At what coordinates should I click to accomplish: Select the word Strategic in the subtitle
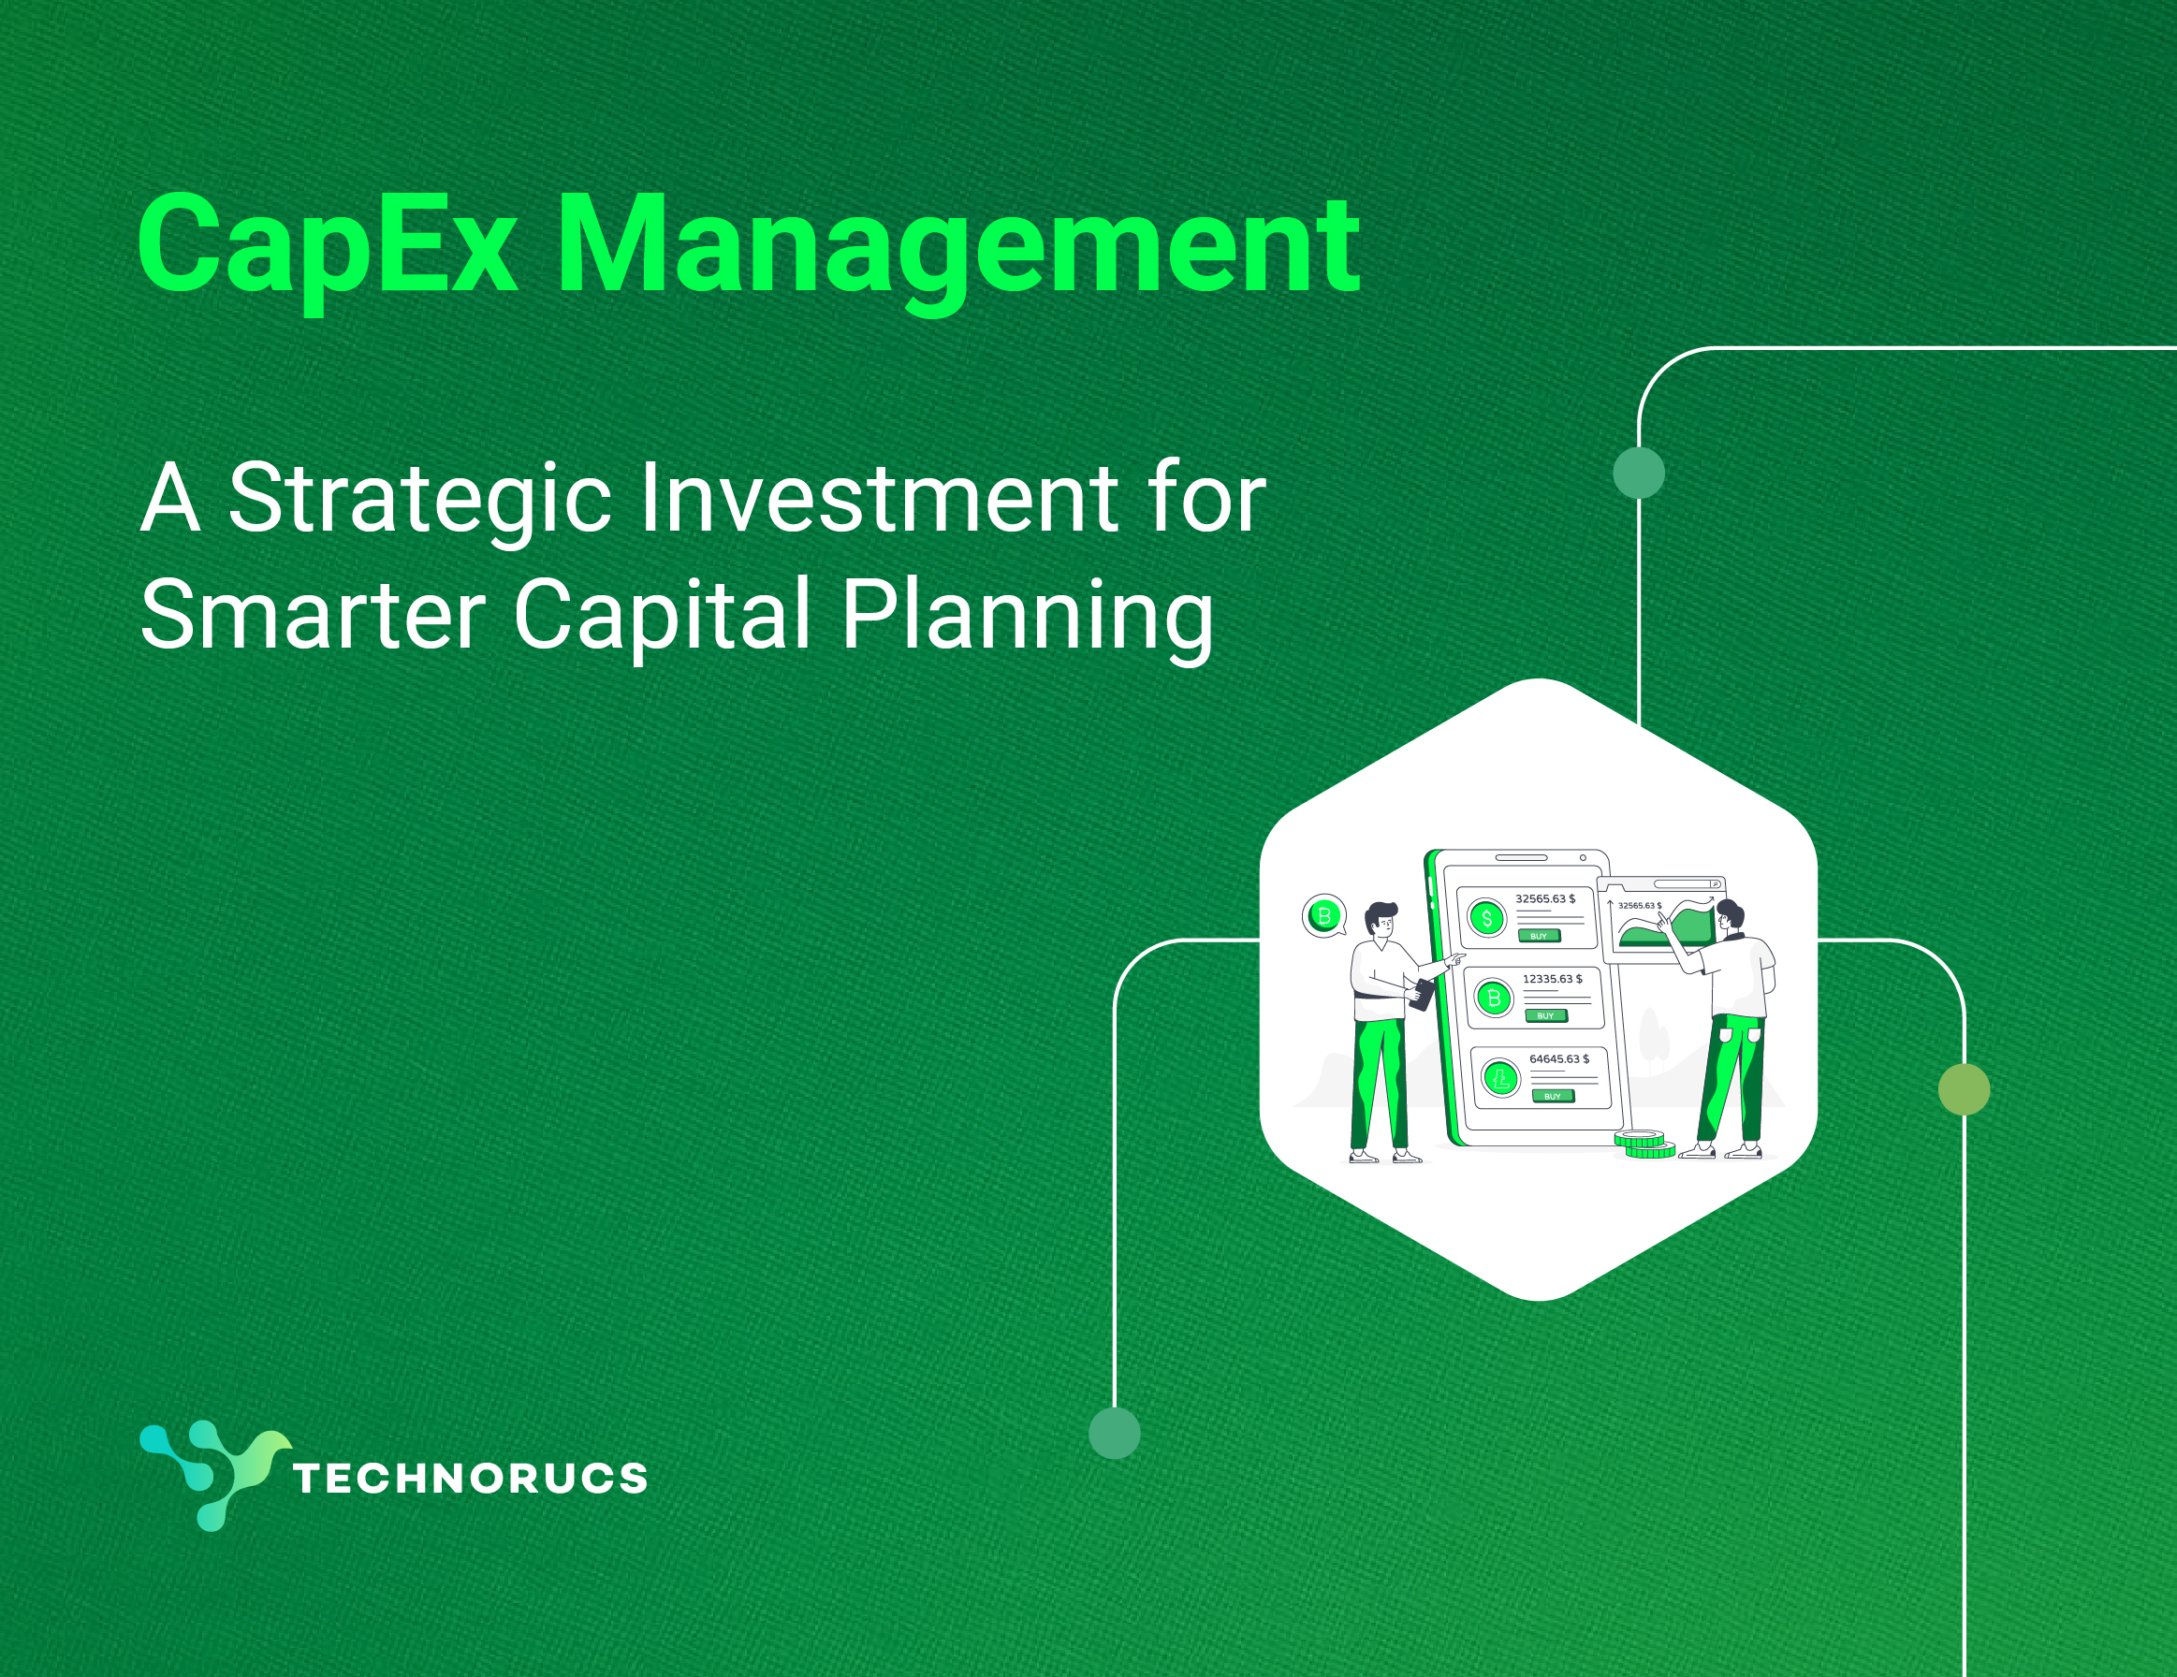pos(419,501)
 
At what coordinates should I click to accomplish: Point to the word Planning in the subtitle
pos(1027,618)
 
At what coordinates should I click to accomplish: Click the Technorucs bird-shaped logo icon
pos(214,1476)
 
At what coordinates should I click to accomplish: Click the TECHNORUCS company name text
pos(471,1478)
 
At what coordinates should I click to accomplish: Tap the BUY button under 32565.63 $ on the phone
pos(1539,936)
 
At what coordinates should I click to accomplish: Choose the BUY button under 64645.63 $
pos(1553,1096)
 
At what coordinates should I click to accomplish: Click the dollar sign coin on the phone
pos(1487,918)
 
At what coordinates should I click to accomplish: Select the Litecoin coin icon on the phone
pos(1500,1077)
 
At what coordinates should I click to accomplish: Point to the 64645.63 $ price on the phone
pos(1560,1059)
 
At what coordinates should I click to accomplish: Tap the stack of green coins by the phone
pos(1644,1144)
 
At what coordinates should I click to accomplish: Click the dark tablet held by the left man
pos(1421,995)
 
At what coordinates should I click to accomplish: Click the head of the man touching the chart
pos(1731,916)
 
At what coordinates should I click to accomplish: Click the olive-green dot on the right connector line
pos(1964,1089)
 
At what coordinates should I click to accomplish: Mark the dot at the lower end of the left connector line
pos(1115,1433)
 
